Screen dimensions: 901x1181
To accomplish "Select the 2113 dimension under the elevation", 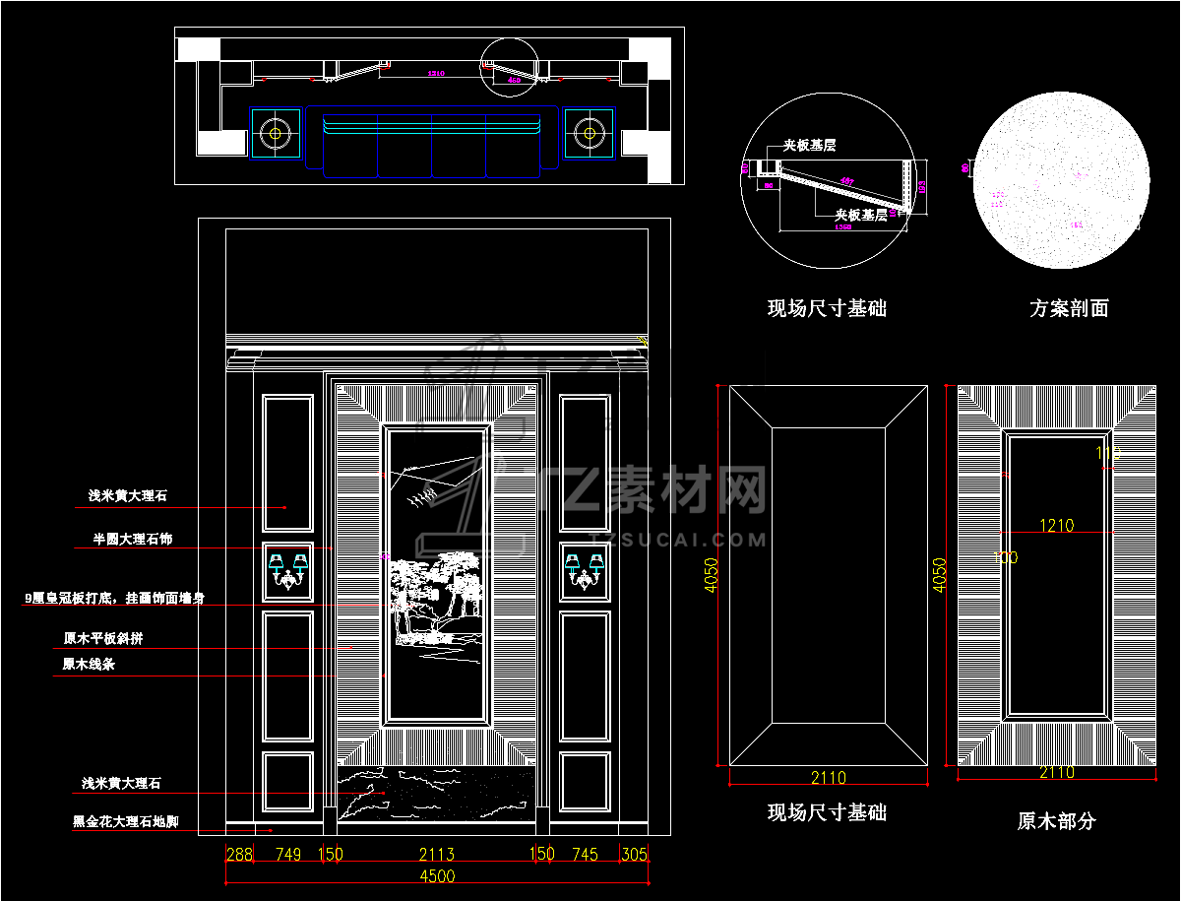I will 436,854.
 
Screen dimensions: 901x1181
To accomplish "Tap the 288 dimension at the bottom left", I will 240,854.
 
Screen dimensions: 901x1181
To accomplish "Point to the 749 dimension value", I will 288,854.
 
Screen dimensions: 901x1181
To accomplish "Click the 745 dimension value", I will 585,854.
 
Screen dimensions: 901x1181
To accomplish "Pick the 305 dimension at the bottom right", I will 634,854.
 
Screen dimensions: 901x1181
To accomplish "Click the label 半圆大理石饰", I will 132,540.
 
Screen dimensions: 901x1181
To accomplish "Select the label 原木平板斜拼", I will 103,638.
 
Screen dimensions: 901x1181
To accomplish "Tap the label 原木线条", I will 89,665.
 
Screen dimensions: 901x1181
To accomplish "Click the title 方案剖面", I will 1069,308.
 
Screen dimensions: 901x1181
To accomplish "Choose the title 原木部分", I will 1056,820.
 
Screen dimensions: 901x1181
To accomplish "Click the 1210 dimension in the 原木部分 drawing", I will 1057,526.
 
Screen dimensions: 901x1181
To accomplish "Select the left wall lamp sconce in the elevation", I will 288,571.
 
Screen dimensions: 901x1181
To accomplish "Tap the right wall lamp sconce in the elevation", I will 584,571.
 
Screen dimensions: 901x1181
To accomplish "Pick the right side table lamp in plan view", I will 589,132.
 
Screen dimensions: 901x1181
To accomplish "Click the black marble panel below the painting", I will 436,794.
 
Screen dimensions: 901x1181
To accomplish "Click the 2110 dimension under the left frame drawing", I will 828,778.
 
